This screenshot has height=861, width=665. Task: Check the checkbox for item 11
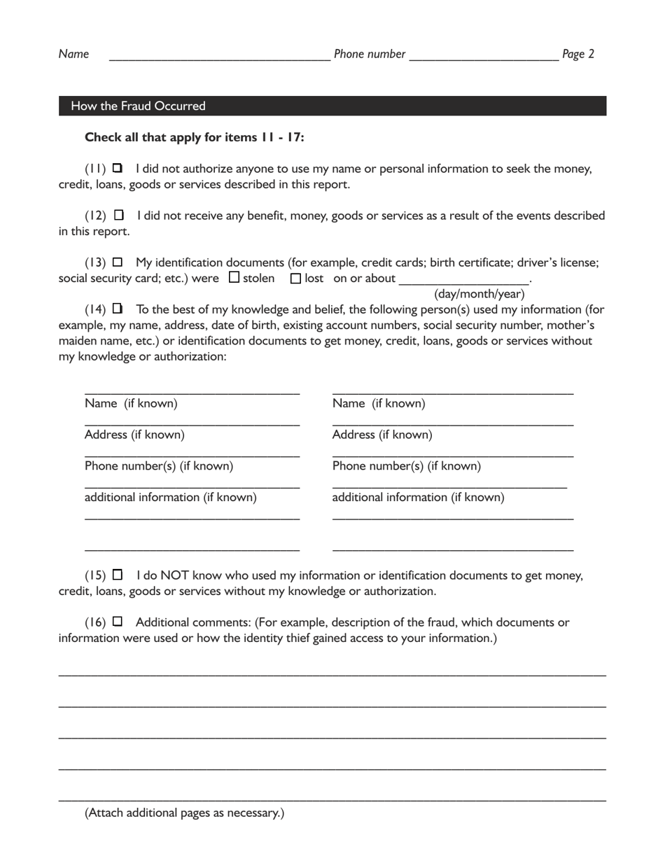(117, 168)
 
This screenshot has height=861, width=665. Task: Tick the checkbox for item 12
(118, 215)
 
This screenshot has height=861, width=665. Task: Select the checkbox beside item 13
(118, 262)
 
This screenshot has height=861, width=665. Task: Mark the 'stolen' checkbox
(234, 278)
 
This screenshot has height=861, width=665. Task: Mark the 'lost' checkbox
(295, 278)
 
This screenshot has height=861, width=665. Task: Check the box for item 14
(117, 309)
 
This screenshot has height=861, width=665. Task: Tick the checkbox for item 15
(118, 575)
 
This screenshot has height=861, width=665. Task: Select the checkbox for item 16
(118, 622)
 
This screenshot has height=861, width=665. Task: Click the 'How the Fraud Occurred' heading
(139, 106)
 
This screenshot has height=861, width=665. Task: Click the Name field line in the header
(219, 56)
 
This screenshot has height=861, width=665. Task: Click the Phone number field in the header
(483, 56)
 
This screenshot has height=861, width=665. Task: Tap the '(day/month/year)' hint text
(479, 294)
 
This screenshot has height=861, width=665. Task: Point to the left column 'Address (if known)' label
(134, 435)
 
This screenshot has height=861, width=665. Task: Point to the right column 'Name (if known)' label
(379, 403)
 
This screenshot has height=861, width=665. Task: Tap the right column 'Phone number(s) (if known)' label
(406, 466)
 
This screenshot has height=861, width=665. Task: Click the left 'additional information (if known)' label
(170, 498)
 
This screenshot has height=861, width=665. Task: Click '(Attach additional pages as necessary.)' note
(185, 813)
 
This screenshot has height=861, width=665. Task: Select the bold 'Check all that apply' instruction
(194, 137)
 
